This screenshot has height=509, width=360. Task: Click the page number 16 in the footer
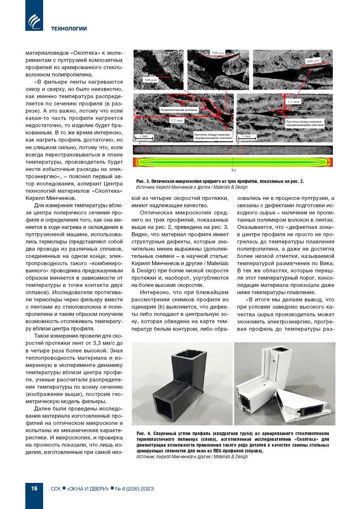pos(34,488)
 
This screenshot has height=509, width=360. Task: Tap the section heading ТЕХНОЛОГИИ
pos(69,29)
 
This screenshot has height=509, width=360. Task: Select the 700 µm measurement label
pos(217,53)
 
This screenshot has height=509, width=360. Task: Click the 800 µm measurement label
pos(313,61)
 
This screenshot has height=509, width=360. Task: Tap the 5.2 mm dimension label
pos(177,120)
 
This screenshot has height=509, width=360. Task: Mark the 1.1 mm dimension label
pos(294,101)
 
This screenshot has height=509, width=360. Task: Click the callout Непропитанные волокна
pos(179,110)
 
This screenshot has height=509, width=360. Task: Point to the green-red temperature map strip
pos(233,162)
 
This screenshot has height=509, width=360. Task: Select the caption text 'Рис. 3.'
pos(143,181)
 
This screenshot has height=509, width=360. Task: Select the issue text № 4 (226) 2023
pos(134,489)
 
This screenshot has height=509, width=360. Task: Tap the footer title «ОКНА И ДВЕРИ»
pos(88,489)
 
